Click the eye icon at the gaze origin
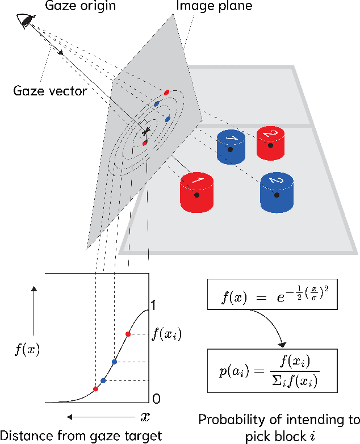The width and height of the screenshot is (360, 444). [26, 21]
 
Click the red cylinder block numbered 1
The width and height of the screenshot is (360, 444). [196, 192]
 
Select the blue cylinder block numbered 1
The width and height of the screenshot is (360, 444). [231, 146]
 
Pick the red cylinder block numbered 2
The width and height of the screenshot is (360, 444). [270, 141]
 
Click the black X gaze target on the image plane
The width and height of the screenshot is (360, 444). [146, 131]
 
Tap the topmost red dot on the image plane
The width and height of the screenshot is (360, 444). [166, 92]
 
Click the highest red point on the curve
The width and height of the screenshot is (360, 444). [128, 334]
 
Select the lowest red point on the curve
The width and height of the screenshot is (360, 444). [95, 389]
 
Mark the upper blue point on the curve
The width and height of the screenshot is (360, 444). [114, 362]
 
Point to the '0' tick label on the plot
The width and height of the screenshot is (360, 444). [156, 398]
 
